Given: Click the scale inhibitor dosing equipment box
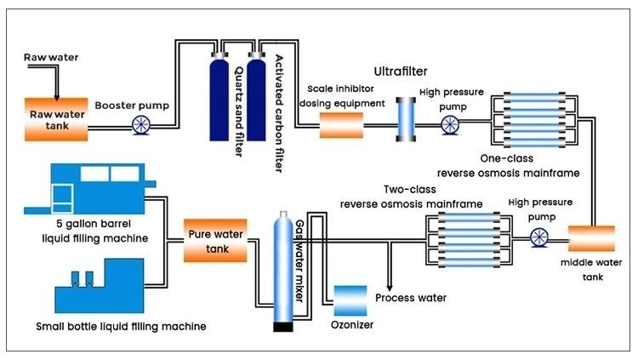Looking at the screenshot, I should [x=340, y=126].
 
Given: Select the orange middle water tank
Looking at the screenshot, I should [x=584, y=236].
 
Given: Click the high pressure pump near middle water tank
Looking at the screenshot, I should [x=536, y=237].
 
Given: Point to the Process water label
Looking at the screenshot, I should [x=411, y=298].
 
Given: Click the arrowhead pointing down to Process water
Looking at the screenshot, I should [x=390, y=287].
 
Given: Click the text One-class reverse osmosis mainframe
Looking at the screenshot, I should [x=519, y=165].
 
